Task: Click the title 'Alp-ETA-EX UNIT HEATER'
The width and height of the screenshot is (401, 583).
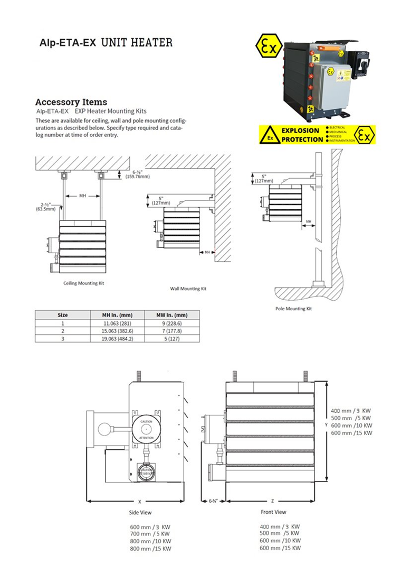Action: pos(106,42)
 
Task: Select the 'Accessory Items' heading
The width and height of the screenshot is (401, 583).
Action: pos(71,102)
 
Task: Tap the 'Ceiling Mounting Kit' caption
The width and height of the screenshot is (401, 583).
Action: pos(84,283)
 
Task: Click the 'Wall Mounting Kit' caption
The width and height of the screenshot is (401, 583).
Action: pos(188,289)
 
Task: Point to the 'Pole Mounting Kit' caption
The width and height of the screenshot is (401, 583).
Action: pos(294,308)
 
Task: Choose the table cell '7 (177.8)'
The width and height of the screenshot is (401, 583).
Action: pos(172,330)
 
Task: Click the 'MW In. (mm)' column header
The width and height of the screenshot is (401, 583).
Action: pos(172,314)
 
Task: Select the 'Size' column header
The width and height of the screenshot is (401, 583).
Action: pos(62,314)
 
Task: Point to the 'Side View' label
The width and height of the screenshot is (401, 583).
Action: pos(140,512)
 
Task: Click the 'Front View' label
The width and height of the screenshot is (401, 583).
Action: pos(274,512)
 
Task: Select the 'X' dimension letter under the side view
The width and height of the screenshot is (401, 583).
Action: pos(140,501)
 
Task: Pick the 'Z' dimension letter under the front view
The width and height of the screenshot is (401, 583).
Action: pos(272,501)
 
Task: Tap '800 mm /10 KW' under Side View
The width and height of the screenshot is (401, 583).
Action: pos(150,541)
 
